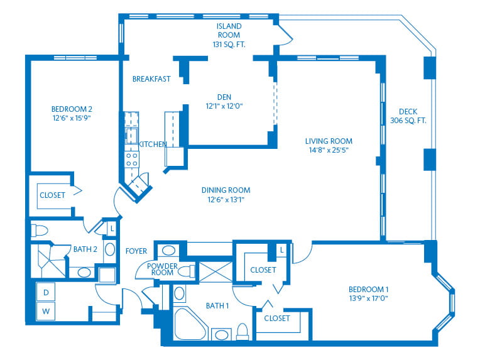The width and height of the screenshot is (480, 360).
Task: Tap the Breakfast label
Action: [151, 79]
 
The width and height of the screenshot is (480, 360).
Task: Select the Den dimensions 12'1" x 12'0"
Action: [224, 106]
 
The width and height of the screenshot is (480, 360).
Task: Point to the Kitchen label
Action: [153, 145]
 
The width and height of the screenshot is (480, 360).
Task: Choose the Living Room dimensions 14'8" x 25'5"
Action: [328, 151]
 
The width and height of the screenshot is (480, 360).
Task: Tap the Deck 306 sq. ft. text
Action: [408, 120]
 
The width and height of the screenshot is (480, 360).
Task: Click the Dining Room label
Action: [226, 190]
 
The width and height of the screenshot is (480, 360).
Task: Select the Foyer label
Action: [136, 251]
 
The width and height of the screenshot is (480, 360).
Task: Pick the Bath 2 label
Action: [85, 249]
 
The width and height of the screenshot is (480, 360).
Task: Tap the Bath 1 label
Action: [217, 306]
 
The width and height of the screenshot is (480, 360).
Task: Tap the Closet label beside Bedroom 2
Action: [52, 195]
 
